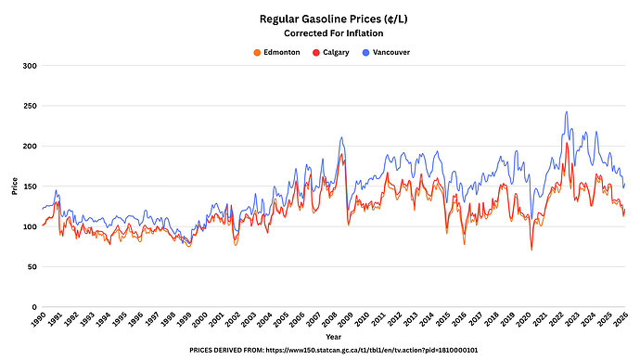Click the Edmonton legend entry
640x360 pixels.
(280, 53)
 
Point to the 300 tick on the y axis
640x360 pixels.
(30, 66)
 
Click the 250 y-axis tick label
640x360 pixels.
(30, 107)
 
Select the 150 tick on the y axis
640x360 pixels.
(30, 186)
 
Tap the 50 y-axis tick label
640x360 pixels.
(32, 267)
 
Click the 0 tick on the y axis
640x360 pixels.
(33, 307)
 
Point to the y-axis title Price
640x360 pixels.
(15, 186)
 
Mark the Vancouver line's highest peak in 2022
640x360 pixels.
(567, 112)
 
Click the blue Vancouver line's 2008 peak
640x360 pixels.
(341, 137)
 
